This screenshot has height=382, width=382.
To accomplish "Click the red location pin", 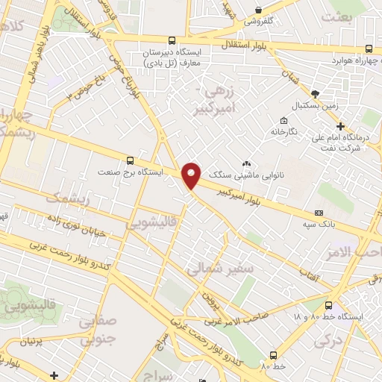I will pyautogui.click(x=192, y=175).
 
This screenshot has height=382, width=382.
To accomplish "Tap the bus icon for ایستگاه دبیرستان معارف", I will pyautogui.click(x=173, y=41).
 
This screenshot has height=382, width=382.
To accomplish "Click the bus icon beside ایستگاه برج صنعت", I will pyautogui.click(x=131, y=160).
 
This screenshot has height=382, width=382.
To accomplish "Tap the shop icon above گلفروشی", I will pyautogui.click(x=258, y=10).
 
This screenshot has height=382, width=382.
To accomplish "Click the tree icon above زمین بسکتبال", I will pyautogui.click(x=315, y=93).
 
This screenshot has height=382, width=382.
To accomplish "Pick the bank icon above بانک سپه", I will pyautogui.click(x=319, y=213).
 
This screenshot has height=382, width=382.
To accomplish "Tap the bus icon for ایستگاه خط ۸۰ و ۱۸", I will pyautogui.click(x=329, y=305).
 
